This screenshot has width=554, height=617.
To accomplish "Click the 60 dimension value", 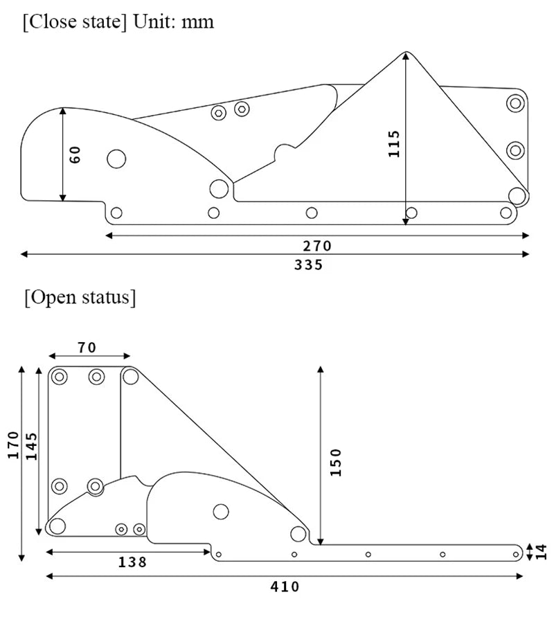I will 76,154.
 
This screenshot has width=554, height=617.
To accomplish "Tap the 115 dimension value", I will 394,143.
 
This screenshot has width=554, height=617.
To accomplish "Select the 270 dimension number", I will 318,246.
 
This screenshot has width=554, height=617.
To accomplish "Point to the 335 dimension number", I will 308,265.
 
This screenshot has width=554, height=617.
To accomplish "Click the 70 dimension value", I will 87,348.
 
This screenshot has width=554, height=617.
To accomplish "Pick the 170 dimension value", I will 12,445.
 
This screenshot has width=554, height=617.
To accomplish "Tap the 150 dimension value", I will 335,463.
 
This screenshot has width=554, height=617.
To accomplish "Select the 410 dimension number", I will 285,587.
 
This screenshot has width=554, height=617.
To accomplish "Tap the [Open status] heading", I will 80,298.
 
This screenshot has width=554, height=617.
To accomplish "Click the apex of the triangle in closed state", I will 406,52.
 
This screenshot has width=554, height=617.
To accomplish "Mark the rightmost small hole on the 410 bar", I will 516,554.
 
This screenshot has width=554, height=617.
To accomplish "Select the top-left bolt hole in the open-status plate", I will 60,377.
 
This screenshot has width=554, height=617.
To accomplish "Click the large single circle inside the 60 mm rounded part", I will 116,159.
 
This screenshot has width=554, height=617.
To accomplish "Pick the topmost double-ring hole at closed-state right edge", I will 515,103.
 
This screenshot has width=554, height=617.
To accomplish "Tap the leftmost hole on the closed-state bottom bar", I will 116,213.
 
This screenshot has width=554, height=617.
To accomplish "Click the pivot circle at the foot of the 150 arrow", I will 298,533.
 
